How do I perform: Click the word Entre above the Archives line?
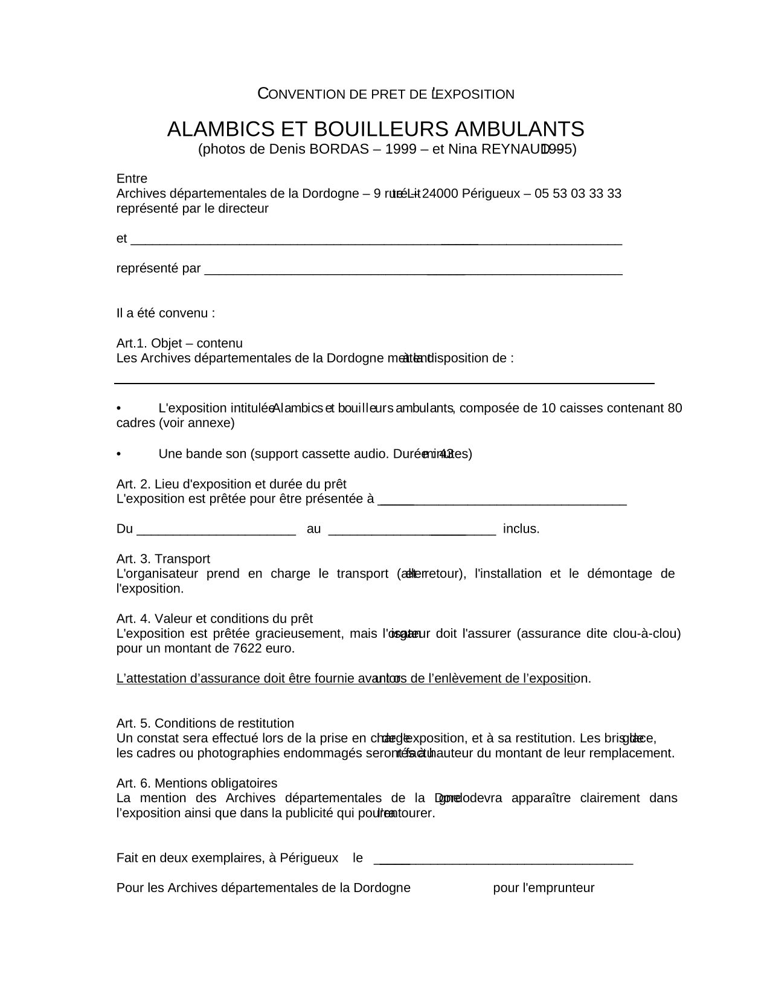coord(132,179)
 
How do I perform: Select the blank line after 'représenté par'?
coord(413,271)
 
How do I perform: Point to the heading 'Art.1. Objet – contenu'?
coord(179,343)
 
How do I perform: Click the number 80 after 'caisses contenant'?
coord(675,408)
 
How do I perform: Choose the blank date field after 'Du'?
coord(216,532)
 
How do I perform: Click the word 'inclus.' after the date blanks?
coord(521,529)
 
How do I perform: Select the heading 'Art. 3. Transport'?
coord(163,559)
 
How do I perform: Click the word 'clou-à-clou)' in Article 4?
coord(646,634)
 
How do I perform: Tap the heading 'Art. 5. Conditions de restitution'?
coord(205,723)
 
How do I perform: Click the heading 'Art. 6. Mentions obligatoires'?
coord(197,783)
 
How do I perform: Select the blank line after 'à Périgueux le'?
coord(504,862)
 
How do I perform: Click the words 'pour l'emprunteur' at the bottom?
coord(544,888)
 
